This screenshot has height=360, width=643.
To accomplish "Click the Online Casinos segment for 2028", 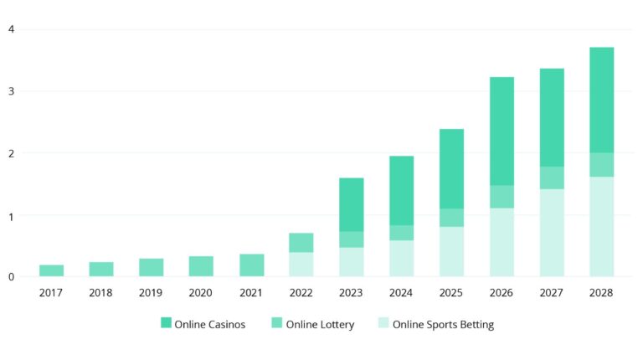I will [601, 100].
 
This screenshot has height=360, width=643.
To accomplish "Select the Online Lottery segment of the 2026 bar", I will [502, 197].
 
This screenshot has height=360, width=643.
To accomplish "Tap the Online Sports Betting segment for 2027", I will [552, 233].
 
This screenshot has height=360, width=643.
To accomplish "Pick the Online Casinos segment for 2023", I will [352, 204].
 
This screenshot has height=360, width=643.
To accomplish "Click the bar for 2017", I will [52, 270].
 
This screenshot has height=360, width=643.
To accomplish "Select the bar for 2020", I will [201, 266].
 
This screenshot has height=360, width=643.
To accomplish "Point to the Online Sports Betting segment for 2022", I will [301, 264].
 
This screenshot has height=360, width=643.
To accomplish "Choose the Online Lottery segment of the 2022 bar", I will [301, 243].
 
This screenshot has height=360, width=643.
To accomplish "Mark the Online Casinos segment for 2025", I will [451, 168].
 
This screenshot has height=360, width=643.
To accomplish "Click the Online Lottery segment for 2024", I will [402, 233].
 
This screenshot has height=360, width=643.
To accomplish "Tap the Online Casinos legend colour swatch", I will [166, 323].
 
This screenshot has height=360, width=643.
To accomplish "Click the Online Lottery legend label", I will [321, 324].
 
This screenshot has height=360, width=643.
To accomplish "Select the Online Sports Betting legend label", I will [443, 324].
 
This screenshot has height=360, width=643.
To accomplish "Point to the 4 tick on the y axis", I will [12, 29].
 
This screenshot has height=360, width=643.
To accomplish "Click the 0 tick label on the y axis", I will [12, 276].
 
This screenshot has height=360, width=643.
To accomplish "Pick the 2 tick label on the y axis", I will [12, 153].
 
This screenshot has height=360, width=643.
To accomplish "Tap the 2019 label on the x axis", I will [151, 293].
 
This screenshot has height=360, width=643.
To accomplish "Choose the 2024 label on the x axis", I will [402, 293].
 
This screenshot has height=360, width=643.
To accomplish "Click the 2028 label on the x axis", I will [601, 293].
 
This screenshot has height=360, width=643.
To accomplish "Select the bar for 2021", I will [252, 265].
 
